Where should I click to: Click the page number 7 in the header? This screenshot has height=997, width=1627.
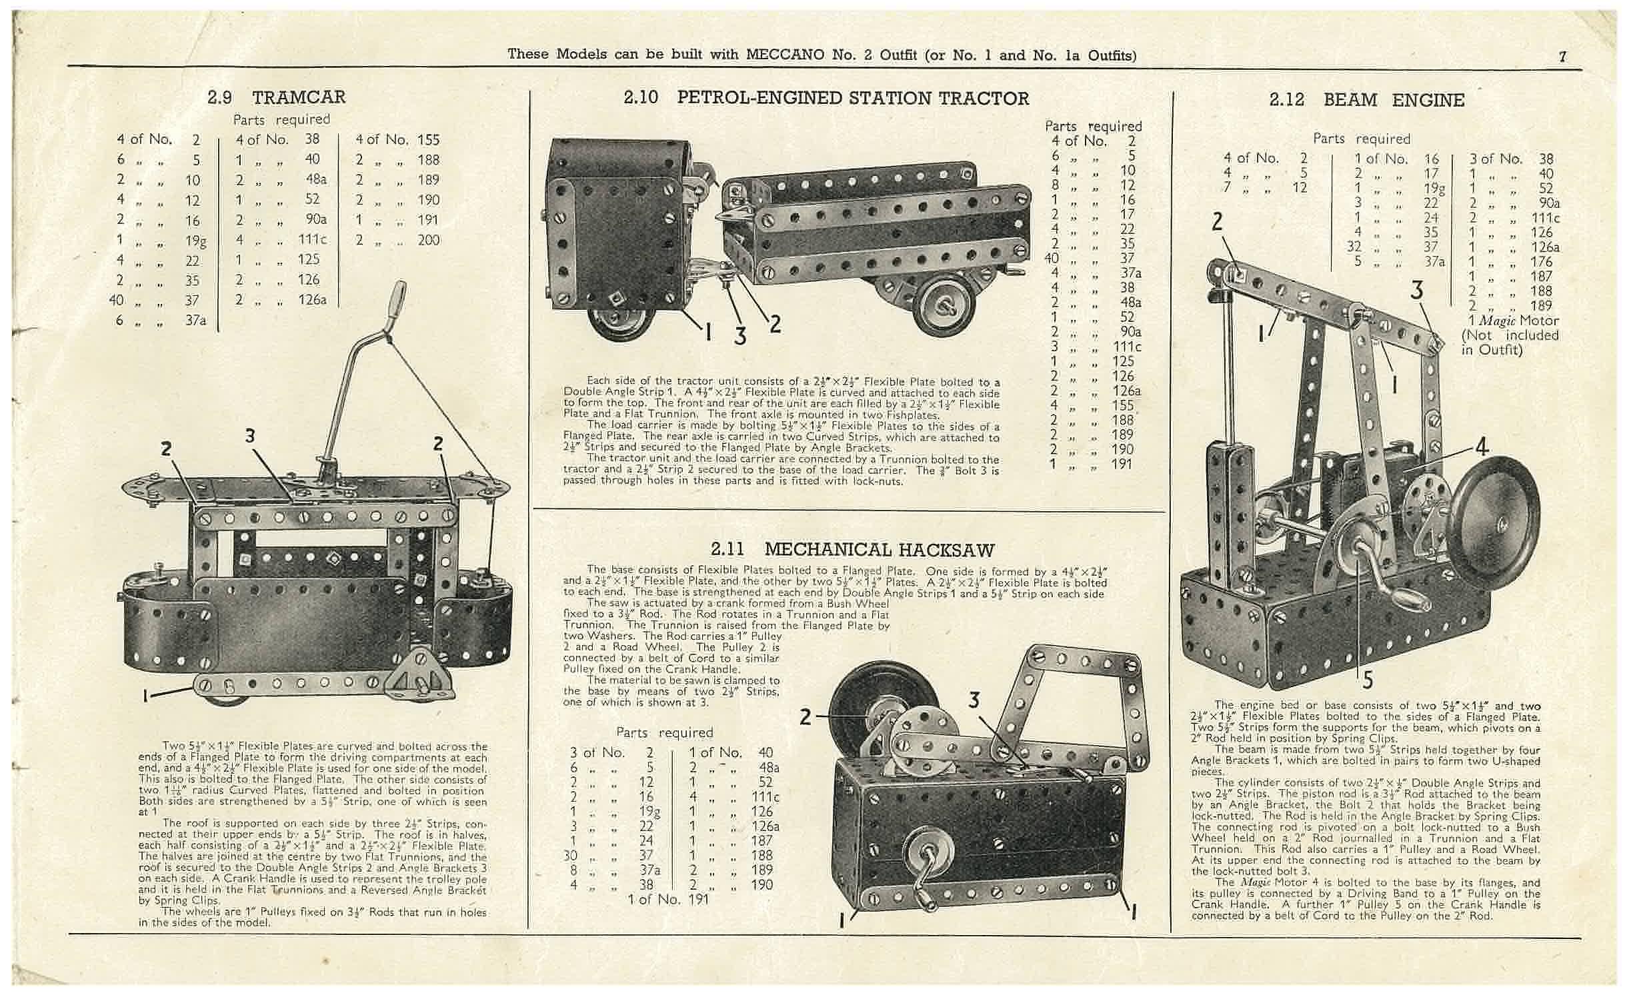pos(1562,57)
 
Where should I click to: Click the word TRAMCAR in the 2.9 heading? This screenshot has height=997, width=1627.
pos(299,97)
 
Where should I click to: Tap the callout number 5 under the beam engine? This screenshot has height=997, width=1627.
pos(1368,680)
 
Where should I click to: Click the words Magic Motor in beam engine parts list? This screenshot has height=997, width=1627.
pos(1517,321)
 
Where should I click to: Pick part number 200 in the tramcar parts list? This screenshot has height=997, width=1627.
pos(429,240)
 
